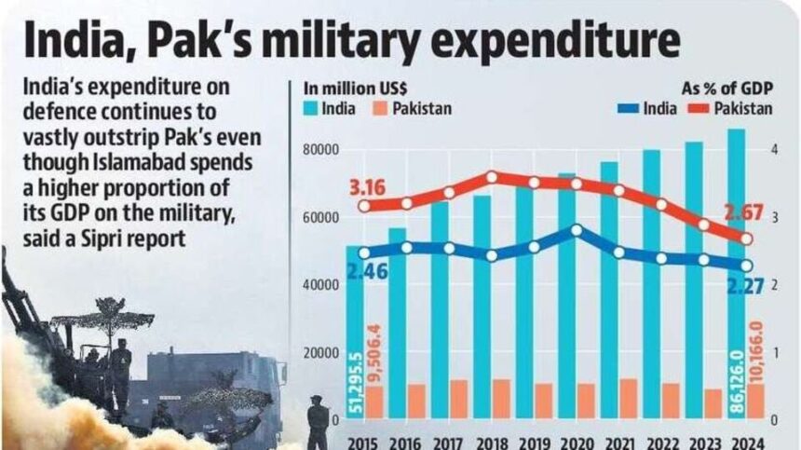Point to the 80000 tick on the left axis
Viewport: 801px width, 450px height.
320,149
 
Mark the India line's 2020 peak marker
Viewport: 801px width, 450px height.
577,229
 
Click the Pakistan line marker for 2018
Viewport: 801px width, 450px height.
492,176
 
